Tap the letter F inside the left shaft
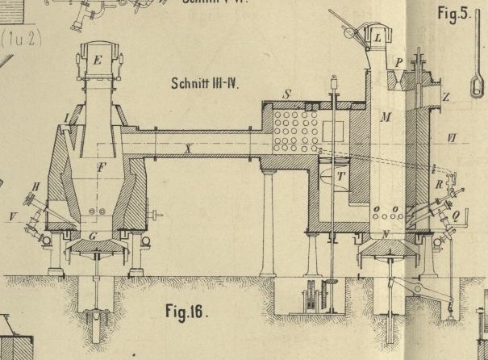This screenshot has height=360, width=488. [101, 167]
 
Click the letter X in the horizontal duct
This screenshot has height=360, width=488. [189, 148]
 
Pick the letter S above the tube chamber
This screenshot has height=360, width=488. [288, 94]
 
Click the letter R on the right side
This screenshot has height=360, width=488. [438, 185]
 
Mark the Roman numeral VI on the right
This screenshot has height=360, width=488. [453, 138]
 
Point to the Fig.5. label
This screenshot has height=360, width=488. [452, 13]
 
